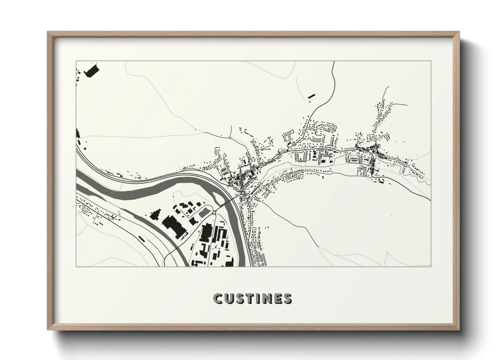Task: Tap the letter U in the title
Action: (x=229, y=298)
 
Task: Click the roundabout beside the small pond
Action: (x=214, y=213)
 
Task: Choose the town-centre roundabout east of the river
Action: (x=242, y=193)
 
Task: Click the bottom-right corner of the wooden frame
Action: (x=458, y=329)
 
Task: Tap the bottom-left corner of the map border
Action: (x=76, y=266)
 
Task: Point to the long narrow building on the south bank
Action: (x=141, y=238)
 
